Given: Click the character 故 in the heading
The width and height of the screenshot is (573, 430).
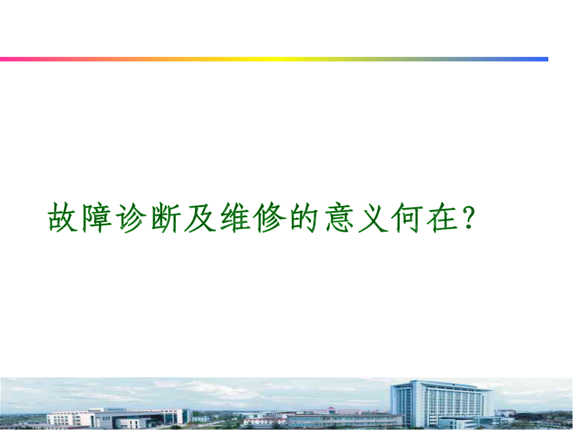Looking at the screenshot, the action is click(x=62, y=217).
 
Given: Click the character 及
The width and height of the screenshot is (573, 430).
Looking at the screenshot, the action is click(x=200, y=217).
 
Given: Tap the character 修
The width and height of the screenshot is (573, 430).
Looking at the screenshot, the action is click(x=270, y=217).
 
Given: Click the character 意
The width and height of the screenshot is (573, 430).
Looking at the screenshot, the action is click(x=339, y=217).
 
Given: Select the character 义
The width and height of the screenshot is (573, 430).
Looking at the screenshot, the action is click(x=373, y=217).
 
